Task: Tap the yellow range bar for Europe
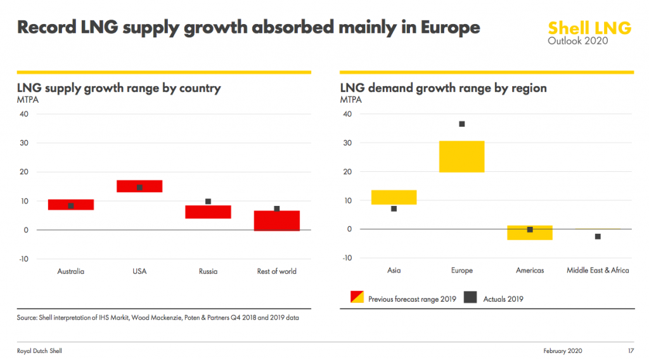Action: (x=462, y=157)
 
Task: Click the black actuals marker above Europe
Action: (x=462, y=124)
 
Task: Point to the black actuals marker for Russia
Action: (x=208, y=202)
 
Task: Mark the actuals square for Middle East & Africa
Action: (x=598, y=236)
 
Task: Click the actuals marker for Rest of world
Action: (x=277, y=209)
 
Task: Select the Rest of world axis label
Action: (x=277, y=271)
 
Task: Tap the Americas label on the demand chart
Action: (x=530, y=271)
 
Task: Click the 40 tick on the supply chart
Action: (x=24, y=114)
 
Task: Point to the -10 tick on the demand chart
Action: (x=346, y=258)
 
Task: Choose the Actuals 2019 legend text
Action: (x=503, y=299)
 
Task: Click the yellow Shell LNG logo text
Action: (x=589, y=28)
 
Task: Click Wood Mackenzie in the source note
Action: (x=160, y=318)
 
